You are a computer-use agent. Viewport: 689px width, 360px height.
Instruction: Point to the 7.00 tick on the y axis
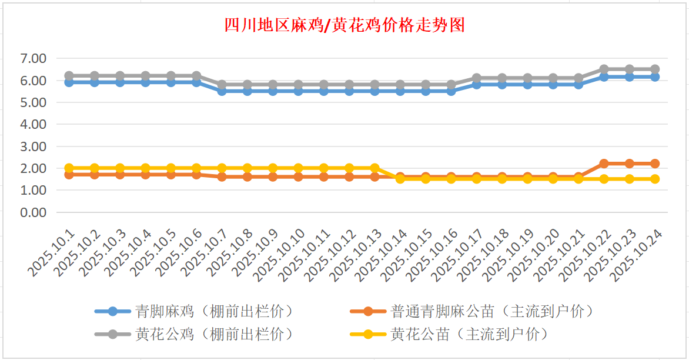[x=33, y=58]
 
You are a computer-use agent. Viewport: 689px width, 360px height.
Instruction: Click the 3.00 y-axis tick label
[x=33, y=146]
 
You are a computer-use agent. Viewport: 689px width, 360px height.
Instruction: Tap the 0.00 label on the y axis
[x=33, y=212]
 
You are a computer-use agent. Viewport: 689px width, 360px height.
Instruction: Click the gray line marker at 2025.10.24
[x=655, y=69]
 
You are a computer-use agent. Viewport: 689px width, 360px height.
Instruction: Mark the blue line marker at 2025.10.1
[x=69, y=82]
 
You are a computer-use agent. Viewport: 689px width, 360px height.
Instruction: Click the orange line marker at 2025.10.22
[x=604, y=164]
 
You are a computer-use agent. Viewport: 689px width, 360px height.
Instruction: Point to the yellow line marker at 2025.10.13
[x=374, y=168]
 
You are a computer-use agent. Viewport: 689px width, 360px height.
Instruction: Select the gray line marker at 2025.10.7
[x=222, y=85]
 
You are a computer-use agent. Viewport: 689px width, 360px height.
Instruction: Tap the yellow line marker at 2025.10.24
[x=655, y=179]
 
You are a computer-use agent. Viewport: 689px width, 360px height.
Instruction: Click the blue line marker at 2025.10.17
[x=477, y=85]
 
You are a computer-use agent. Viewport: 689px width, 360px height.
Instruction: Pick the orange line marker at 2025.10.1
[x=69, y=175]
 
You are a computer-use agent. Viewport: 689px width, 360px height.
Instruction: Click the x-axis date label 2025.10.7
[x=205, y=252]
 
